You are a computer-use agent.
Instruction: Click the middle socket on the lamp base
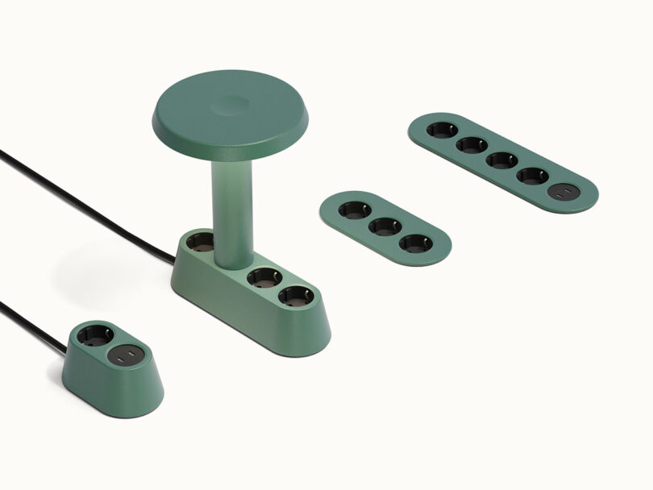click(x=264, y=279)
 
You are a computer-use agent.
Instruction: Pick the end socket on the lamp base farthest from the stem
click(x=295, y=296)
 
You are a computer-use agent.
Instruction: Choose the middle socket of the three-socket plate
click(x=385, y=226)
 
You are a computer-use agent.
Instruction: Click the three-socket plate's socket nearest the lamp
click(x=355, y=211)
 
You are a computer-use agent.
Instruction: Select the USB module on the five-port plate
click(x=561, y=193)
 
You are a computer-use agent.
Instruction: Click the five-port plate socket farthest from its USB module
click(x=441, y=130)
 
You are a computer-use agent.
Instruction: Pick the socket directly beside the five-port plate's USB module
click(x=531, y=176)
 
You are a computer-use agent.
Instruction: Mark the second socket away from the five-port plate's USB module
click(x=501, y=160)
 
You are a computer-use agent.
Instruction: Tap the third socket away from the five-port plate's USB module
click(x=471, y=145)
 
